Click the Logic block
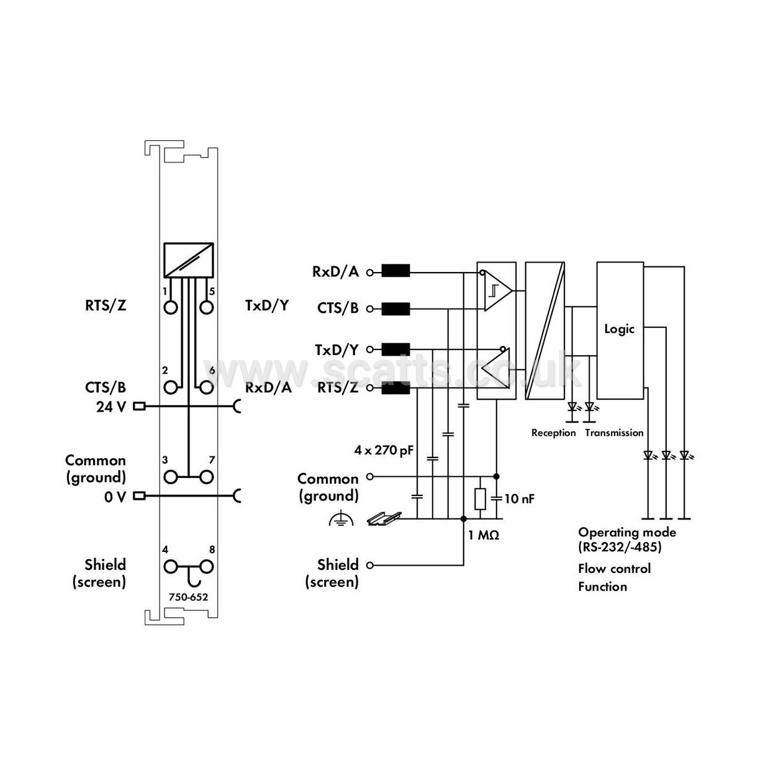point(620,330)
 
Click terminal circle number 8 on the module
point(207,567)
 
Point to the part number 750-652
point(189,598)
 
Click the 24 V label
point(112,407)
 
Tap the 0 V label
point(115,497)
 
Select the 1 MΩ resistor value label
point(484,535)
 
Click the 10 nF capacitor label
point(520,499)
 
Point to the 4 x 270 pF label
point(384,450)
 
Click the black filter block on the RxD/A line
point(395,271)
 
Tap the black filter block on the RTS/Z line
point(395,389)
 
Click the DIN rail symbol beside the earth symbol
point(384,518)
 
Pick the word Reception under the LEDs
point(553,433)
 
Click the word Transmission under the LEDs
point(614,433)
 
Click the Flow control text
point(614,569)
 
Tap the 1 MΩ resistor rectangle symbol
point(480,499)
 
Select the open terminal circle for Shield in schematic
point(371,566)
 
